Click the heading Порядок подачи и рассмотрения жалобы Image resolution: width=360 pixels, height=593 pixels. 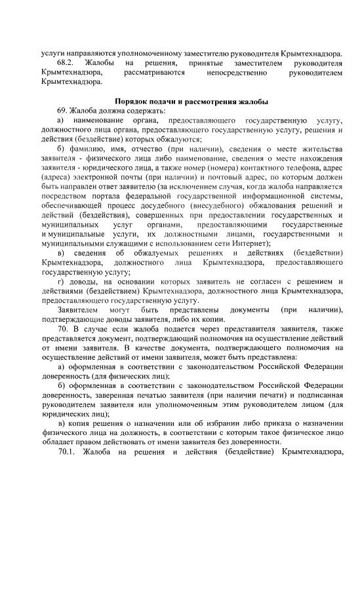pyautogui.click(x=191, y=102)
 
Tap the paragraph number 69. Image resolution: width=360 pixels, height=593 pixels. pyautogui.click(x=63, y=111)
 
